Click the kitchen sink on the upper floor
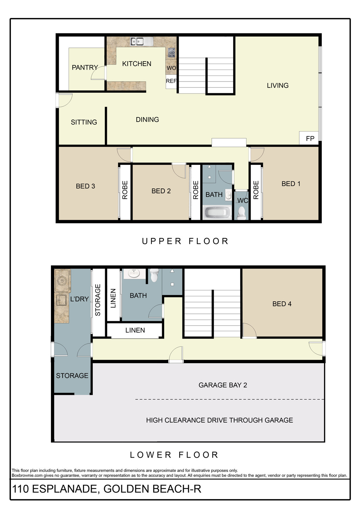142,41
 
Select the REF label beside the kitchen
171,81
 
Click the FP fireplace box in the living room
310,138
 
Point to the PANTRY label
85,67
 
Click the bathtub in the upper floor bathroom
217,213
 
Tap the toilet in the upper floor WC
242,213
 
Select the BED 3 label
85,186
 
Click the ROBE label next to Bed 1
256,190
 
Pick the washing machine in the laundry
62,281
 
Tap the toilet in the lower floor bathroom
155,275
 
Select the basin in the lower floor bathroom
134,273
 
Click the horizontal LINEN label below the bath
135,330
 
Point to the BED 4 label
282,304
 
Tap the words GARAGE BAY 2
223,385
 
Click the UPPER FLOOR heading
185,241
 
